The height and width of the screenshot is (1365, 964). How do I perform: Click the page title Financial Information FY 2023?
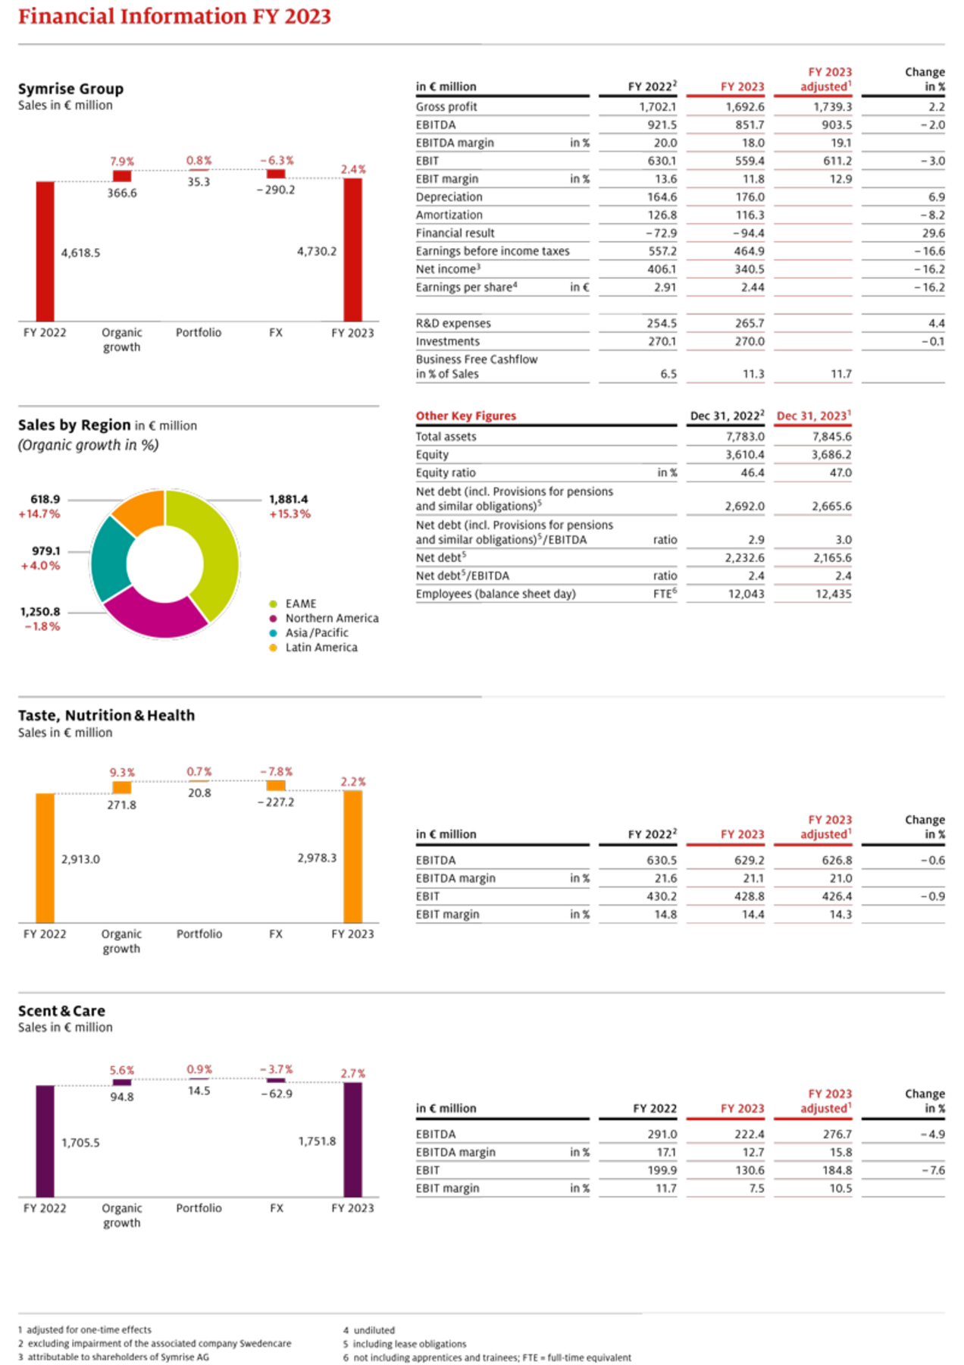click(x=174, y=17)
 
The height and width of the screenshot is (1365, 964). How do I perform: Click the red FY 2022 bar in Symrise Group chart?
click(x=45, y=251)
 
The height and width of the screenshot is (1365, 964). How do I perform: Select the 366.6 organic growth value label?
click(x=122, y=193)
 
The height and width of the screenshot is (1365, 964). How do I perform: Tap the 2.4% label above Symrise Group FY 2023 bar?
click(x=353, y=169)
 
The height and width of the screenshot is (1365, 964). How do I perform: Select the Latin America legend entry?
click(x=313, y=648)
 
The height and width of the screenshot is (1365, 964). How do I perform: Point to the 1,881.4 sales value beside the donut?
click(x=289, y=499)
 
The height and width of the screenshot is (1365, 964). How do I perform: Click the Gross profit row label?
click(x=446, y=107)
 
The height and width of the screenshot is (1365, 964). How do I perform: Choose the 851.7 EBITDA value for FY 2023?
click(x=750, y=125)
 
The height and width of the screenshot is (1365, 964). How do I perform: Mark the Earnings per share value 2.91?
click(x=665, y=287)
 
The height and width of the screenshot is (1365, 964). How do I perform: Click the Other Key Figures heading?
click(x=465, y=416)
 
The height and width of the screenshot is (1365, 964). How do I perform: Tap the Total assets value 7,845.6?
click(x=832, y=437)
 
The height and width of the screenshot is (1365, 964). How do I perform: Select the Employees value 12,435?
click(x=834, y=594)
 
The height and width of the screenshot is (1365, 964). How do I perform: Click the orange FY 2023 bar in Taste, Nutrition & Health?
click(x=353, y=856)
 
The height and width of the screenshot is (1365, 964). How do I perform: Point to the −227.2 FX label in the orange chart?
click(x=276, y=802)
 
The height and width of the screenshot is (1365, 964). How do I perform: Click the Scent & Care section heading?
click(x=61, y=1011)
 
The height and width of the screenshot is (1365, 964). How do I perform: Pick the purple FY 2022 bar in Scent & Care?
click(x=45, y=1141)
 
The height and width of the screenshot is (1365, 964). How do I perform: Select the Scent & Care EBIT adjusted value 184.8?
click(x=837, y=1170)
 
